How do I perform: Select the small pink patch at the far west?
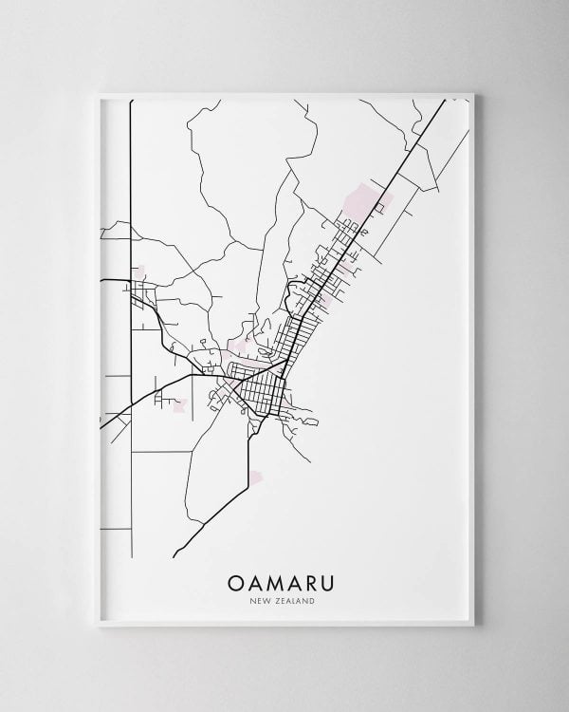point(140,273)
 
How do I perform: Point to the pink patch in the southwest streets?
point(177,405)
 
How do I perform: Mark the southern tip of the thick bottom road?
point(174,555)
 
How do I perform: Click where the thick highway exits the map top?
point(445,102)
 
